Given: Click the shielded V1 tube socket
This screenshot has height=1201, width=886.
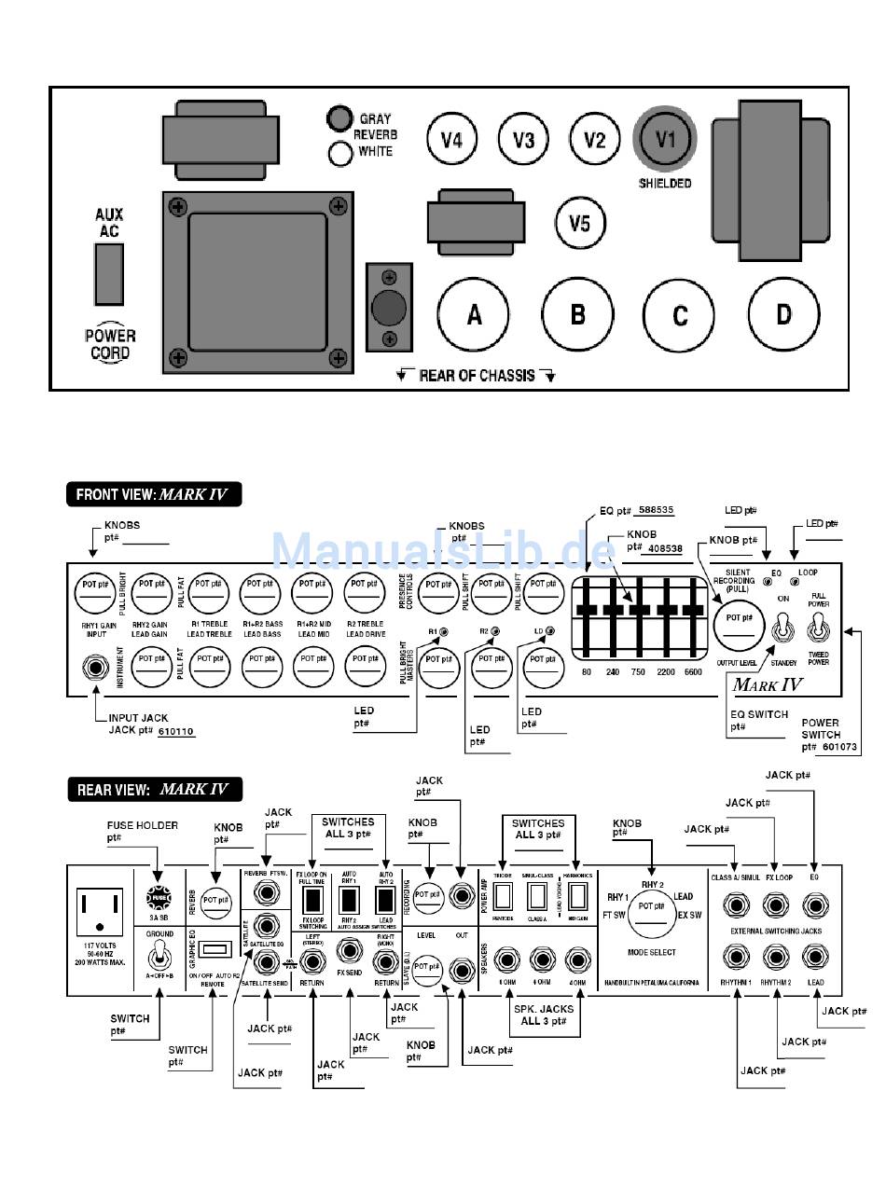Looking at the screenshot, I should pyautogui.click(x=665, y=140).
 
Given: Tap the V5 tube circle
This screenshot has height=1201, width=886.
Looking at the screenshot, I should pyautogui.click(x=579, y=223).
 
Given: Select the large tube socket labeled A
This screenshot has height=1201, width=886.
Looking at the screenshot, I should pyautogui.click(x=474, y=314).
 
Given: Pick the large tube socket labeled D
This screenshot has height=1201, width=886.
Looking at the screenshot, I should pyautogui.click(x=783, y=313).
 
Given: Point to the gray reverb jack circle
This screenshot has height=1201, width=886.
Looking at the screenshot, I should pyautogui.click(x=338, y=118).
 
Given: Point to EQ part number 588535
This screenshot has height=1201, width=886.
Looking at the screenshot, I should pyautogui.click(x=654, y=510).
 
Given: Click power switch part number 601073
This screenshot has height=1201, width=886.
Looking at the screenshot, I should pyautogui.click(x=834, y=747).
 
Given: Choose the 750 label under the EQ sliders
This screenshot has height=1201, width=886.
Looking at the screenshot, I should pyautogui.click(x=638, y=672).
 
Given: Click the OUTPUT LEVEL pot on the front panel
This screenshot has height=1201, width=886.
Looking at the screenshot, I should pyautogui.click(x=740, y=622).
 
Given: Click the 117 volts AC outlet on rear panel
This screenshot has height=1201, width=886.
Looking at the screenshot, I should pyautogui.click(x=100, y=905).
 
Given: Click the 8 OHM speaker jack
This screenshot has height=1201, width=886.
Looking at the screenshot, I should pyautogui.click(x=507, y=959).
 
